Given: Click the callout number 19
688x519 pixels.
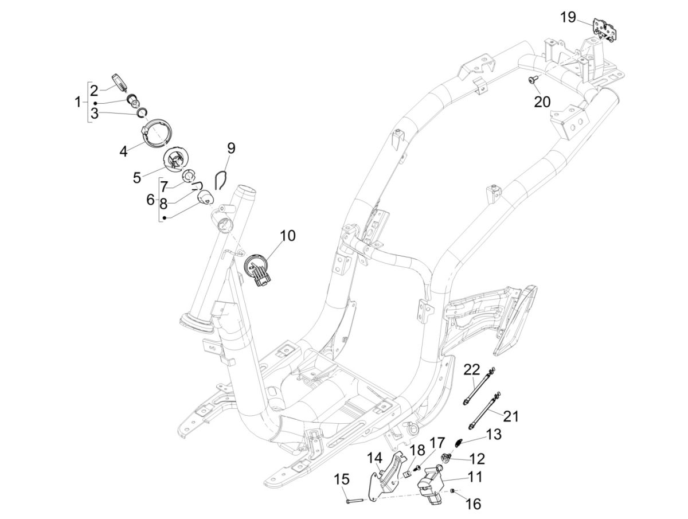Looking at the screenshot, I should tap(568, 17).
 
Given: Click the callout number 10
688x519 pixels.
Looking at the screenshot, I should tap(288, 236).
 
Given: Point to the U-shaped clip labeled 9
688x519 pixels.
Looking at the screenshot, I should tap(221, 179).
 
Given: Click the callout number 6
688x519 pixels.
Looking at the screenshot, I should tap(150, 200).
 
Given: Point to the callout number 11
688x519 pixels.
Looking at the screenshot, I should tap(475, 477).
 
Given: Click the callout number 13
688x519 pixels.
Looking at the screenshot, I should tap(494, 434).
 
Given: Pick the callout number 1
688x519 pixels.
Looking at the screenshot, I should tap(77, 103).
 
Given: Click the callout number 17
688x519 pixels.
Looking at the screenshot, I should tap(437, 443).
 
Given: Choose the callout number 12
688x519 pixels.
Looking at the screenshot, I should tap(477, 459).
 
